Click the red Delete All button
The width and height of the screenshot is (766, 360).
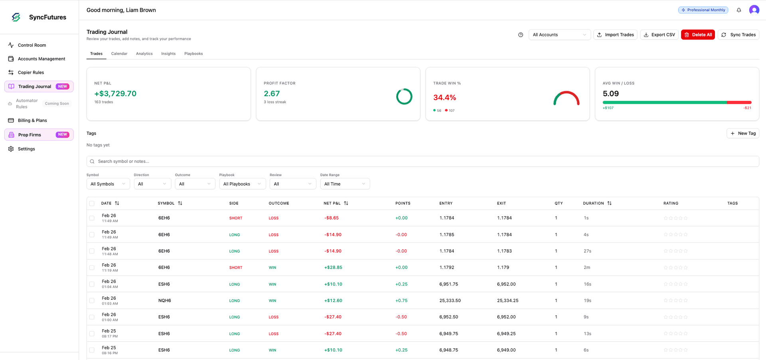[698, 35]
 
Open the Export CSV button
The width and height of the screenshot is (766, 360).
[659, 35]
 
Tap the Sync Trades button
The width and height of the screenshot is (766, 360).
[738, 35]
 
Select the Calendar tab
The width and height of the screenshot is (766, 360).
[119, 53]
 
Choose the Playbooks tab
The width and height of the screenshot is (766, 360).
[193, 53]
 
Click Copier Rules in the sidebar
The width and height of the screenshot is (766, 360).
[31, 72]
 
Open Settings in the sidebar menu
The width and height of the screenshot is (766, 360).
[26, 149]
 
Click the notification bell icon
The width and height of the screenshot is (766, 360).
[739, 10]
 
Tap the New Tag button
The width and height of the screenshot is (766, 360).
[743, 133]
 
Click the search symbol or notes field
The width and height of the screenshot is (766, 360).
[423, 161]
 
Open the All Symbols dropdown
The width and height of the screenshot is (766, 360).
[108, 184]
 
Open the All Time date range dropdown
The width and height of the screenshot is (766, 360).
[345, 184]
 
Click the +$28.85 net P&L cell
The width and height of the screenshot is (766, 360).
[333, 267]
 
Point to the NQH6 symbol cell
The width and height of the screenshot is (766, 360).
[164, 301]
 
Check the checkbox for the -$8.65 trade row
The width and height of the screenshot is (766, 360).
[92, 218]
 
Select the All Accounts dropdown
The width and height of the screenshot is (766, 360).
[559, 35]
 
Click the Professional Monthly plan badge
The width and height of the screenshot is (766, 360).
[703, 10]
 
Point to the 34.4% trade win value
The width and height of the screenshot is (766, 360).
[444, 97]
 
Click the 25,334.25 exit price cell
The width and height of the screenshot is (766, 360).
[507, 301]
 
